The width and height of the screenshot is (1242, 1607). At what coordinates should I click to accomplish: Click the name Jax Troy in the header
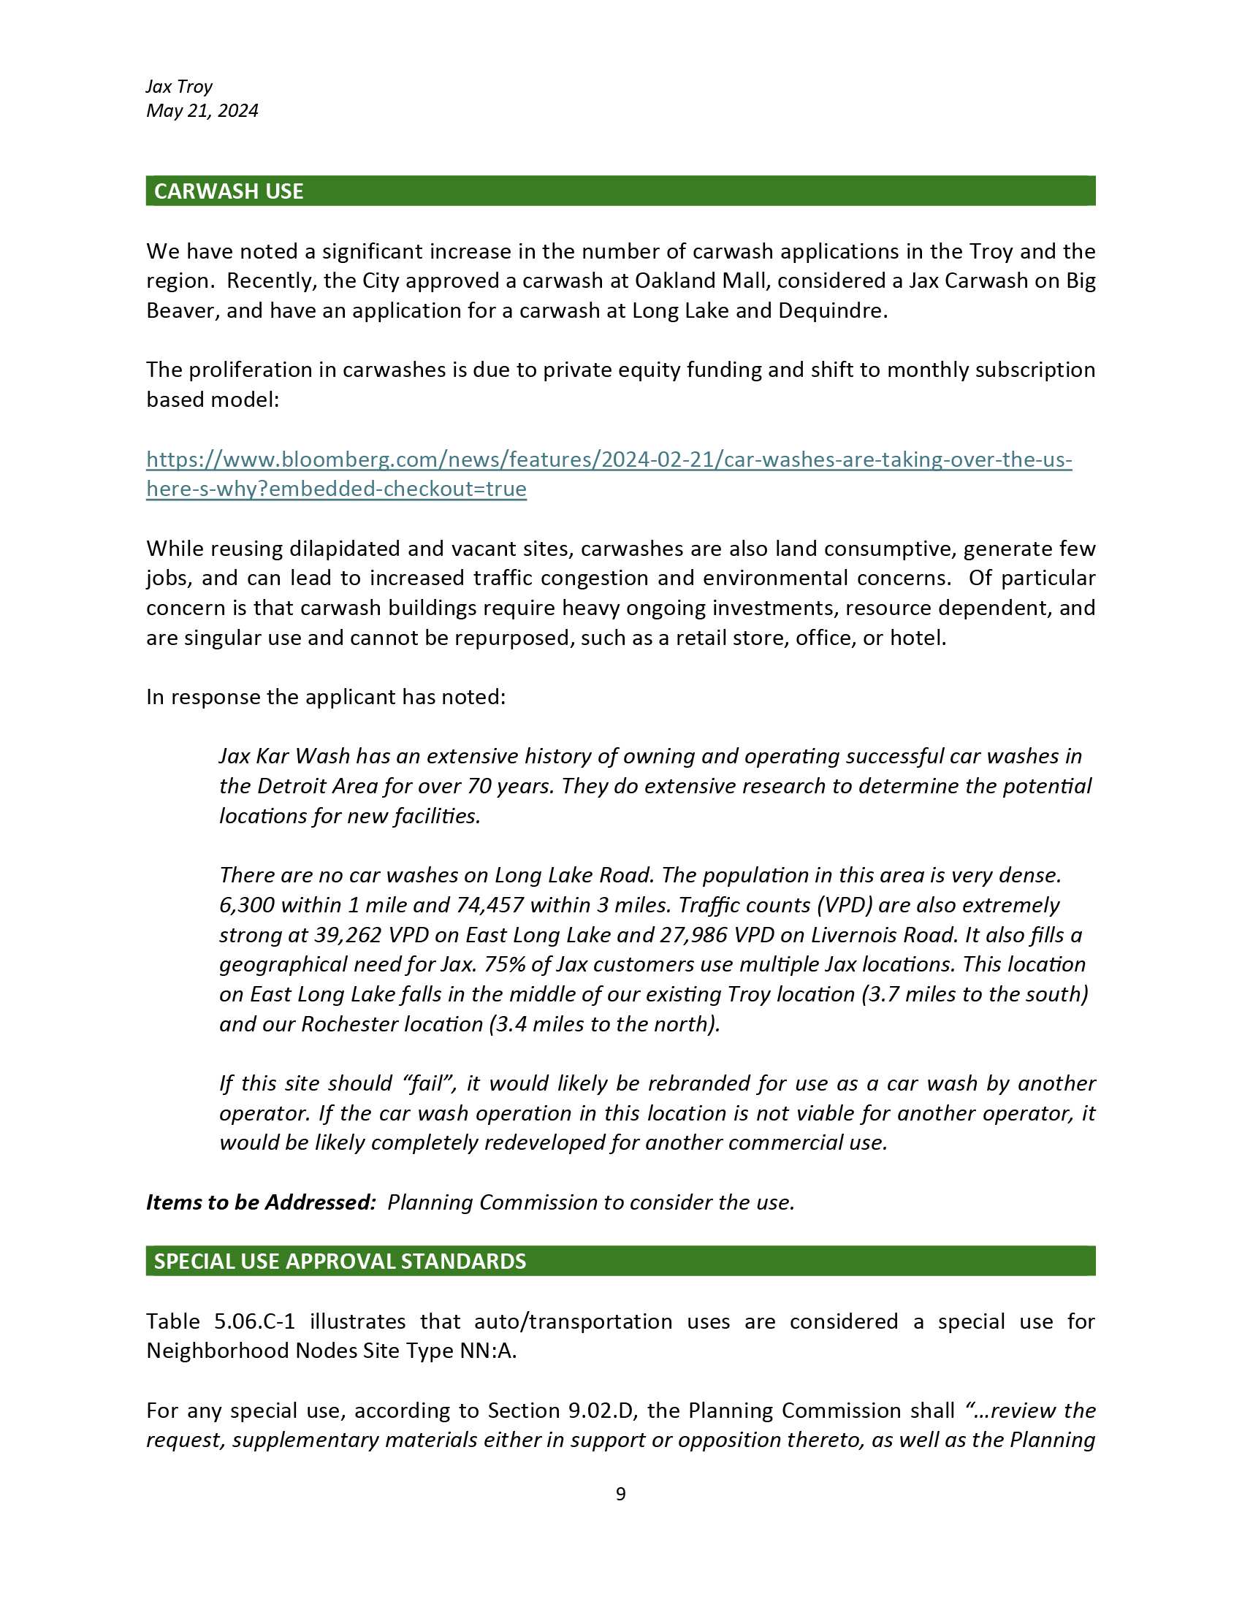coord(179,87)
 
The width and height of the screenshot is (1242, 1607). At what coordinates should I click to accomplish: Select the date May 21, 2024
coord(202,111)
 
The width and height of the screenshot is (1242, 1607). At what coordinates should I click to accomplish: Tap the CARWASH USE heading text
coord(228,191)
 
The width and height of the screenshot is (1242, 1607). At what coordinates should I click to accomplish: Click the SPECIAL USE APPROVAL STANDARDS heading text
coord(340,1261)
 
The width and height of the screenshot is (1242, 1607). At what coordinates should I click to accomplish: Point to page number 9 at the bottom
coord(620,1494)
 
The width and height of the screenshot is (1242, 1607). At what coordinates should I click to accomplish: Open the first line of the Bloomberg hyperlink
coord(609,460)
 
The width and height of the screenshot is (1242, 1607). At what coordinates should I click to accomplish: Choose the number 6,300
coord(246,905)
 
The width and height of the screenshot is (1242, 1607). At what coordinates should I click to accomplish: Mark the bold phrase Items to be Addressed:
coord(262,1202)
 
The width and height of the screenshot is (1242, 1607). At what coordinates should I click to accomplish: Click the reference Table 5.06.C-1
coord(221,1321)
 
